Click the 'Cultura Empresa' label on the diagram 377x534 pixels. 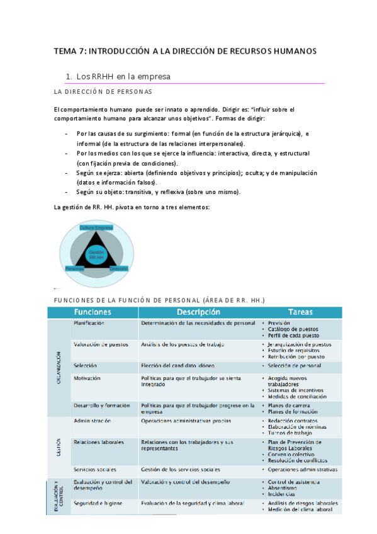click(96, 227)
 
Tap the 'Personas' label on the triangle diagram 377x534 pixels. click(75, 268)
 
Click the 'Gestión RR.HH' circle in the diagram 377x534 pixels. click(96, 254)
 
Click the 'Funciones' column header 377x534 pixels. click(93, 312)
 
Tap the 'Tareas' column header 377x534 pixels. click(301, 312)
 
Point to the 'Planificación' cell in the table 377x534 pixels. click(89, 323)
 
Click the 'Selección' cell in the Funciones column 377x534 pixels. click(85, 365)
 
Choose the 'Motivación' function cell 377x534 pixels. click(87, 378)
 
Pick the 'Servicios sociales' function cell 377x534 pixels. click(95, 469)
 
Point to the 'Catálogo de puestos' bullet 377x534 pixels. click(293, 329)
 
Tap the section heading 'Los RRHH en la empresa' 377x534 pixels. click(123, 77)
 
